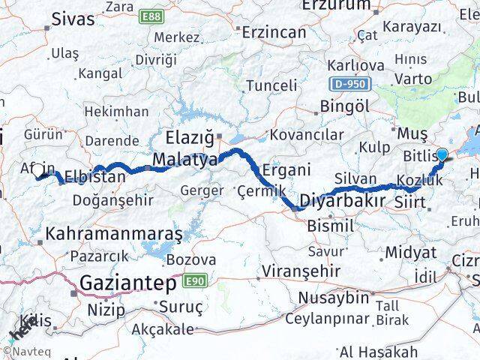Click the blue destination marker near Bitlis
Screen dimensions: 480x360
[442, 155]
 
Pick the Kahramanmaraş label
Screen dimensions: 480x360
[114, 234]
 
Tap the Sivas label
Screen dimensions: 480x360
[73, 19]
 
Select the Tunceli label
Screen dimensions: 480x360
[271, 85]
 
